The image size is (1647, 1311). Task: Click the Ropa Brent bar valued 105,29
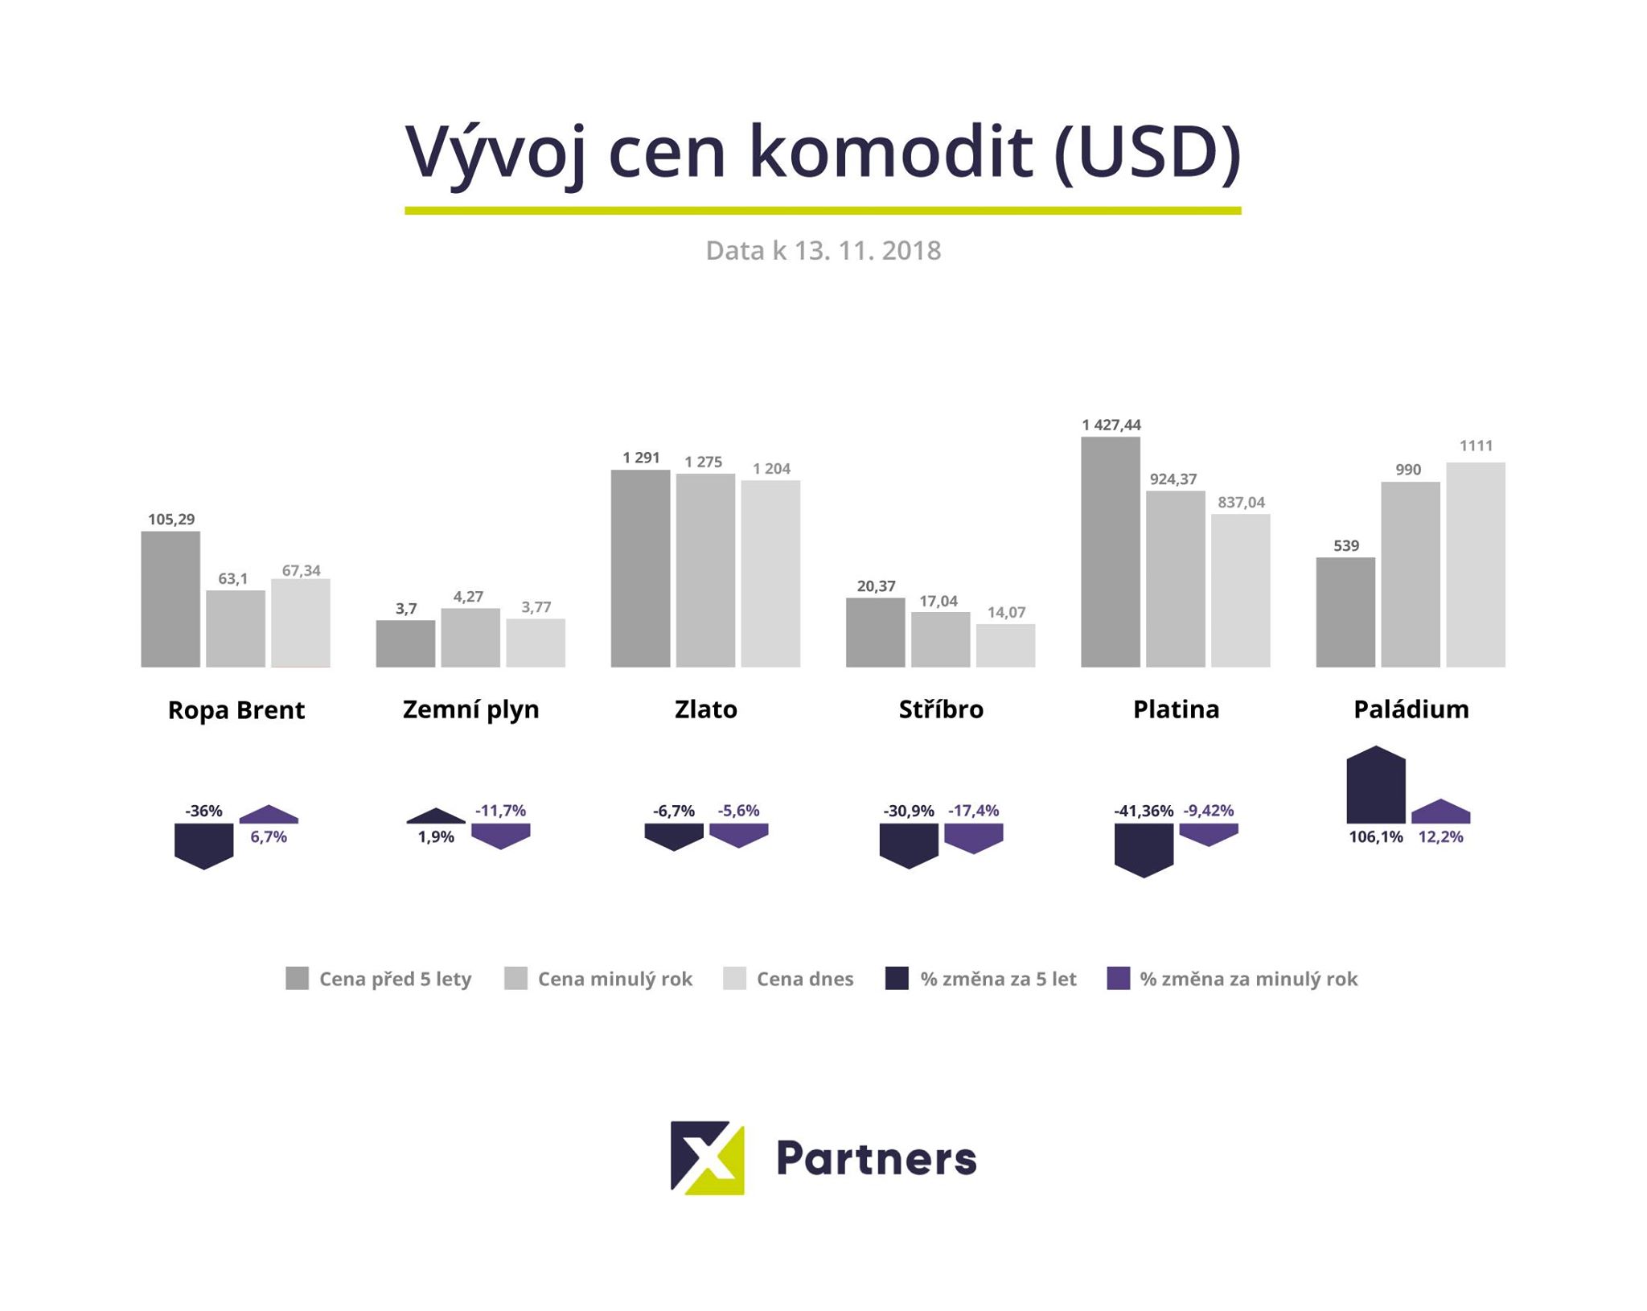click(x=170, y=599)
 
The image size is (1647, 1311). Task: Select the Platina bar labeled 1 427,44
click(x=1110, y=552)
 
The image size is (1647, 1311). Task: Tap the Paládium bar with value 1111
click(x=1476, y=565)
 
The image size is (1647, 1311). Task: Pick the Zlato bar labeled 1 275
click(x=705, y=570)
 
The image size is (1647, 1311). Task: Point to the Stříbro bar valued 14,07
click(x=1005, y=645)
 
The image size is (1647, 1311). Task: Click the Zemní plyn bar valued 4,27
click(x=470, y=638)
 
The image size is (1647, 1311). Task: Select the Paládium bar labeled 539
click(x=1345, y=612)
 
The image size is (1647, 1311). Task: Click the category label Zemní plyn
click(x=470, y=709)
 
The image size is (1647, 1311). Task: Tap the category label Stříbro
click(x=941, y=709)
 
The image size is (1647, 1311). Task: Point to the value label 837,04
click(x=1241, y=503)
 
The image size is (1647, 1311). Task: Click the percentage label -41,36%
click(x=1143, y=811)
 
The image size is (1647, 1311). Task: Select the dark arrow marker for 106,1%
click(x=1376, y=786)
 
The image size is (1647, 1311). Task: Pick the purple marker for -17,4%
click(x=973, y=837)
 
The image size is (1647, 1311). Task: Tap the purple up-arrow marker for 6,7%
click(x=269, y=815)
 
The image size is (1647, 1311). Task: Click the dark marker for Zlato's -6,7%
click(x=674, y=836)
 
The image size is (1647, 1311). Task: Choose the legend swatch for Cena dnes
click(x=735, y=979)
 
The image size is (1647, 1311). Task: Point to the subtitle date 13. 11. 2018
click(x=867, y=251)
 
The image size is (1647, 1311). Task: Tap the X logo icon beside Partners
click(x=708, y=1157)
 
